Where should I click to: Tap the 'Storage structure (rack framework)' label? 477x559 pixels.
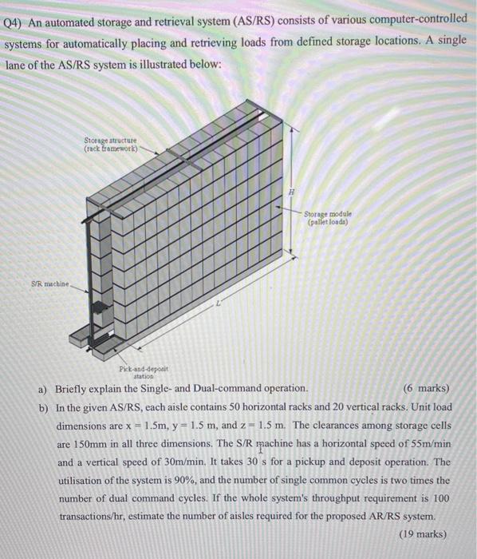pyautogui.click(x=111, y=145)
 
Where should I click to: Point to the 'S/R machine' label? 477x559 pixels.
pyautogui.click(x=49, y=283)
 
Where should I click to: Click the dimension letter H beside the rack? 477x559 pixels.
pyautogui.click(x=292, y=192)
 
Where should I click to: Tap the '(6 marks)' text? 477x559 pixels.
pyautogui.click(x=428, y=389)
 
